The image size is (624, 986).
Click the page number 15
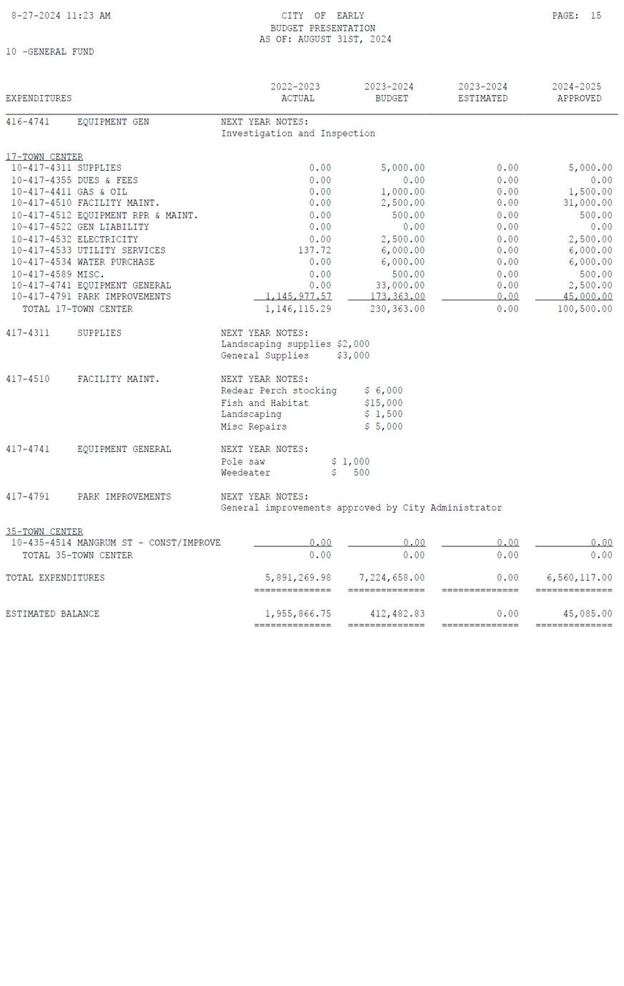(x=595, y=16)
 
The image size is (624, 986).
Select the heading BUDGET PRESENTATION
(x=322, y=28)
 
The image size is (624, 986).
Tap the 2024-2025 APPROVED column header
(x=577, y=93)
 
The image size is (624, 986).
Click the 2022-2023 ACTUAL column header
(x=296, y=93)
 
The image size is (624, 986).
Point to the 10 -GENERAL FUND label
(x=50, y=51)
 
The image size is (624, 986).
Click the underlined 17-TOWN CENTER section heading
(x=44, y=157)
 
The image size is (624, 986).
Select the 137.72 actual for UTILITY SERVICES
(x=315, y=251)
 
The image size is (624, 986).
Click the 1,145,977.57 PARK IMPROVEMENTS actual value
(x=298, y=297)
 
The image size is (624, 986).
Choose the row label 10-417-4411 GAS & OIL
(x=69, y=192)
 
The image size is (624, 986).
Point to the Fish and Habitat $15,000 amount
(x=383, y=403)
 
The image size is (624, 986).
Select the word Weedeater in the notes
(x=246, y=473)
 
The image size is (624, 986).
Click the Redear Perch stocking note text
(x=279, y=391)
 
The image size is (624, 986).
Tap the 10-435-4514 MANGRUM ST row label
(x=116, y=543)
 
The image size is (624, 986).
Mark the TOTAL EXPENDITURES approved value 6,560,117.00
(x=579, y=578)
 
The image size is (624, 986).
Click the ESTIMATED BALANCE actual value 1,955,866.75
(x=298, y=614)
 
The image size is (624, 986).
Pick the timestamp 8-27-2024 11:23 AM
(x=61, y=16)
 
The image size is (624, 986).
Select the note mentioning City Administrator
(x=361, y=508)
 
